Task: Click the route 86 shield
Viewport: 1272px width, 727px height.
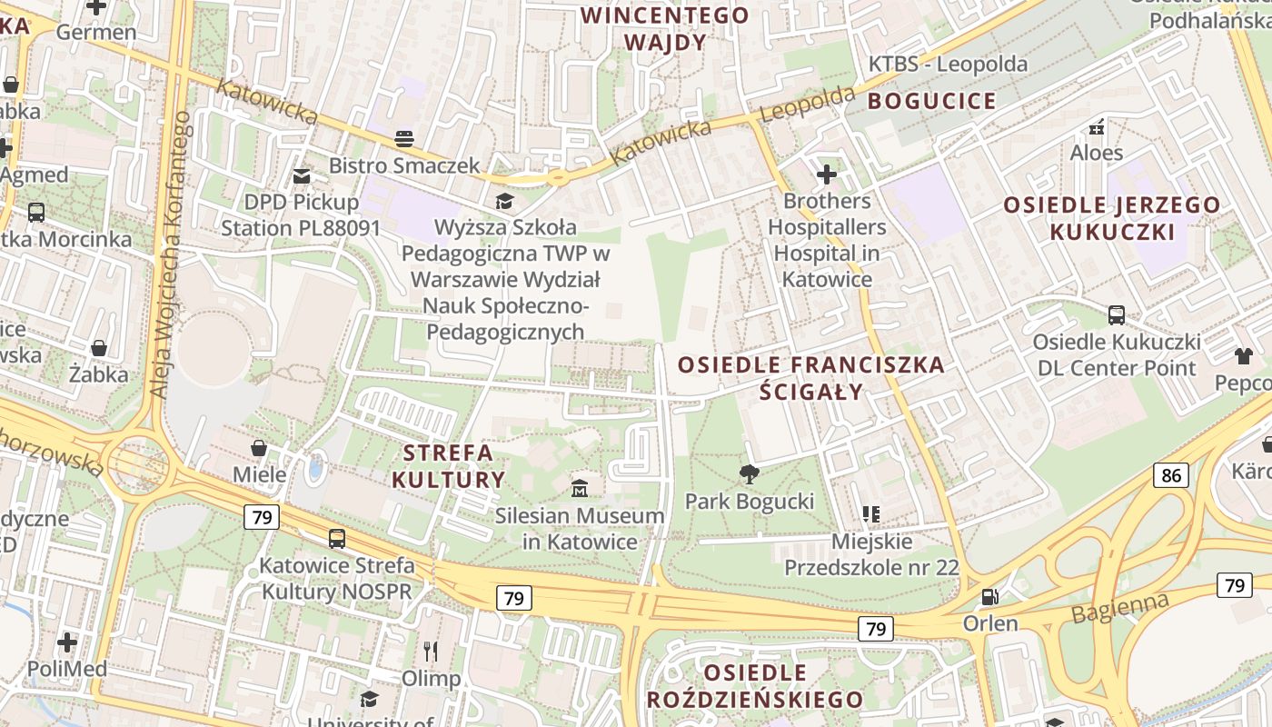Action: pos(1171,474)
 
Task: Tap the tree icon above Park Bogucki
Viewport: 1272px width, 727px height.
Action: pos(750,473)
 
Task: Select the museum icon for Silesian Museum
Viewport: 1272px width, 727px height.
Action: pos(580,488)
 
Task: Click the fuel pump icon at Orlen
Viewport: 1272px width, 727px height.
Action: pos(989,597)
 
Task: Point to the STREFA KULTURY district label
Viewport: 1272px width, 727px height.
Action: pos(449,466)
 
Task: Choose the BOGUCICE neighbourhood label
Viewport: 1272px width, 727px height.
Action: pos(931,101)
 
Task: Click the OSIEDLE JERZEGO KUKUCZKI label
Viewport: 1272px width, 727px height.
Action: pos(1111,218)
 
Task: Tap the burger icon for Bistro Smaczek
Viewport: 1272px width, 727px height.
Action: pos(404,138)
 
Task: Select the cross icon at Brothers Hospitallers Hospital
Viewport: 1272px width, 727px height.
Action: pos(826,174)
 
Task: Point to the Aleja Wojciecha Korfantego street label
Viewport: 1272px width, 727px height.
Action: pos(171,254)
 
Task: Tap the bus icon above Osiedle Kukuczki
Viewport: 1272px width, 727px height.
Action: pos(1117,315)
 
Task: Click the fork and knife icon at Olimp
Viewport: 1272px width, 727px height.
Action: pos(431,651)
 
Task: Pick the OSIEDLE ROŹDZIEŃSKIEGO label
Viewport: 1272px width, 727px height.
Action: pos(755,686)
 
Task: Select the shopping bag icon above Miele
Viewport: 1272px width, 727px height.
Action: pos(259,448)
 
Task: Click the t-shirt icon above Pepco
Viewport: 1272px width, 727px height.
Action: pos(1243,355)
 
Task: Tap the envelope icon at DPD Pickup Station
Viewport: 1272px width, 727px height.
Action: pos(301,175)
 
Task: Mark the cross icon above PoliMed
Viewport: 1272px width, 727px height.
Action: pos(66,642)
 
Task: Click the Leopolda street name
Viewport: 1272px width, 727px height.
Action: pos(808,104)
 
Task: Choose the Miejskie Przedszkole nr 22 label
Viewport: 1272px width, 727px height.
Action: pos(871,554)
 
